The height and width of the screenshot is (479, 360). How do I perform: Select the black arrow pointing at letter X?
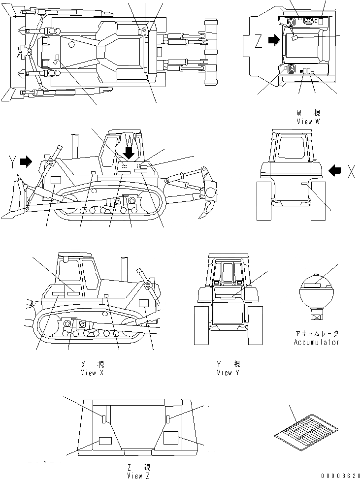(335, 170)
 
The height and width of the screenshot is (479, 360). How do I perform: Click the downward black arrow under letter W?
(129, 153)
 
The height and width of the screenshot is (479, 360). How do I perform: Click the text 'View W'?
(308, 121)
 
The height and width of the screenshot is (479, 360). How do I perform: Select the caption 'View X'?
(93, 373)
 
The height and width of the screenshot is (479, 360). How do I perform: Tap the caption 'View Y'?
(228, 373)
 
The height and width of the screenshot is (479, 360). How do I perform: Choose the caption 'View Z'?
(138, 476)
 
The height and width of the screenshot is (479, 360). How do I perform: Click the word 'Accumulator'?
(317, 342)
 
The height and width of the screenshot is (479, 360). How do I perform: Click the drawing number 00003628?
(340, 475)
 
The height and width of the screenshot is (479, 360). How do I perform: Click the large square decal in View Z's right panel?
(171, 438)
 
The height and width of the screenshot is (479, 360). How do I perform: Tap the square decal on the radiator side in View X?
(144, 303)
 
